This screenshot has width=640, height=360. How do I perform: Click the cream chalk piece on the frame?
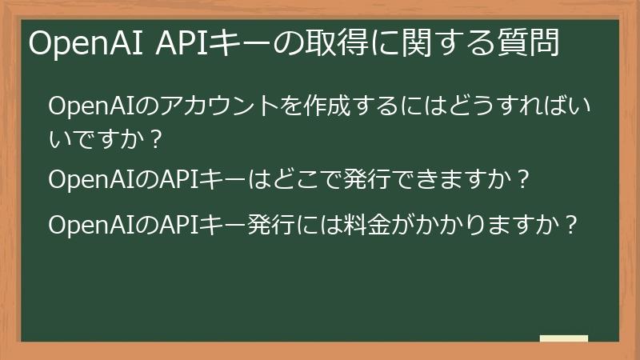564,338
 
